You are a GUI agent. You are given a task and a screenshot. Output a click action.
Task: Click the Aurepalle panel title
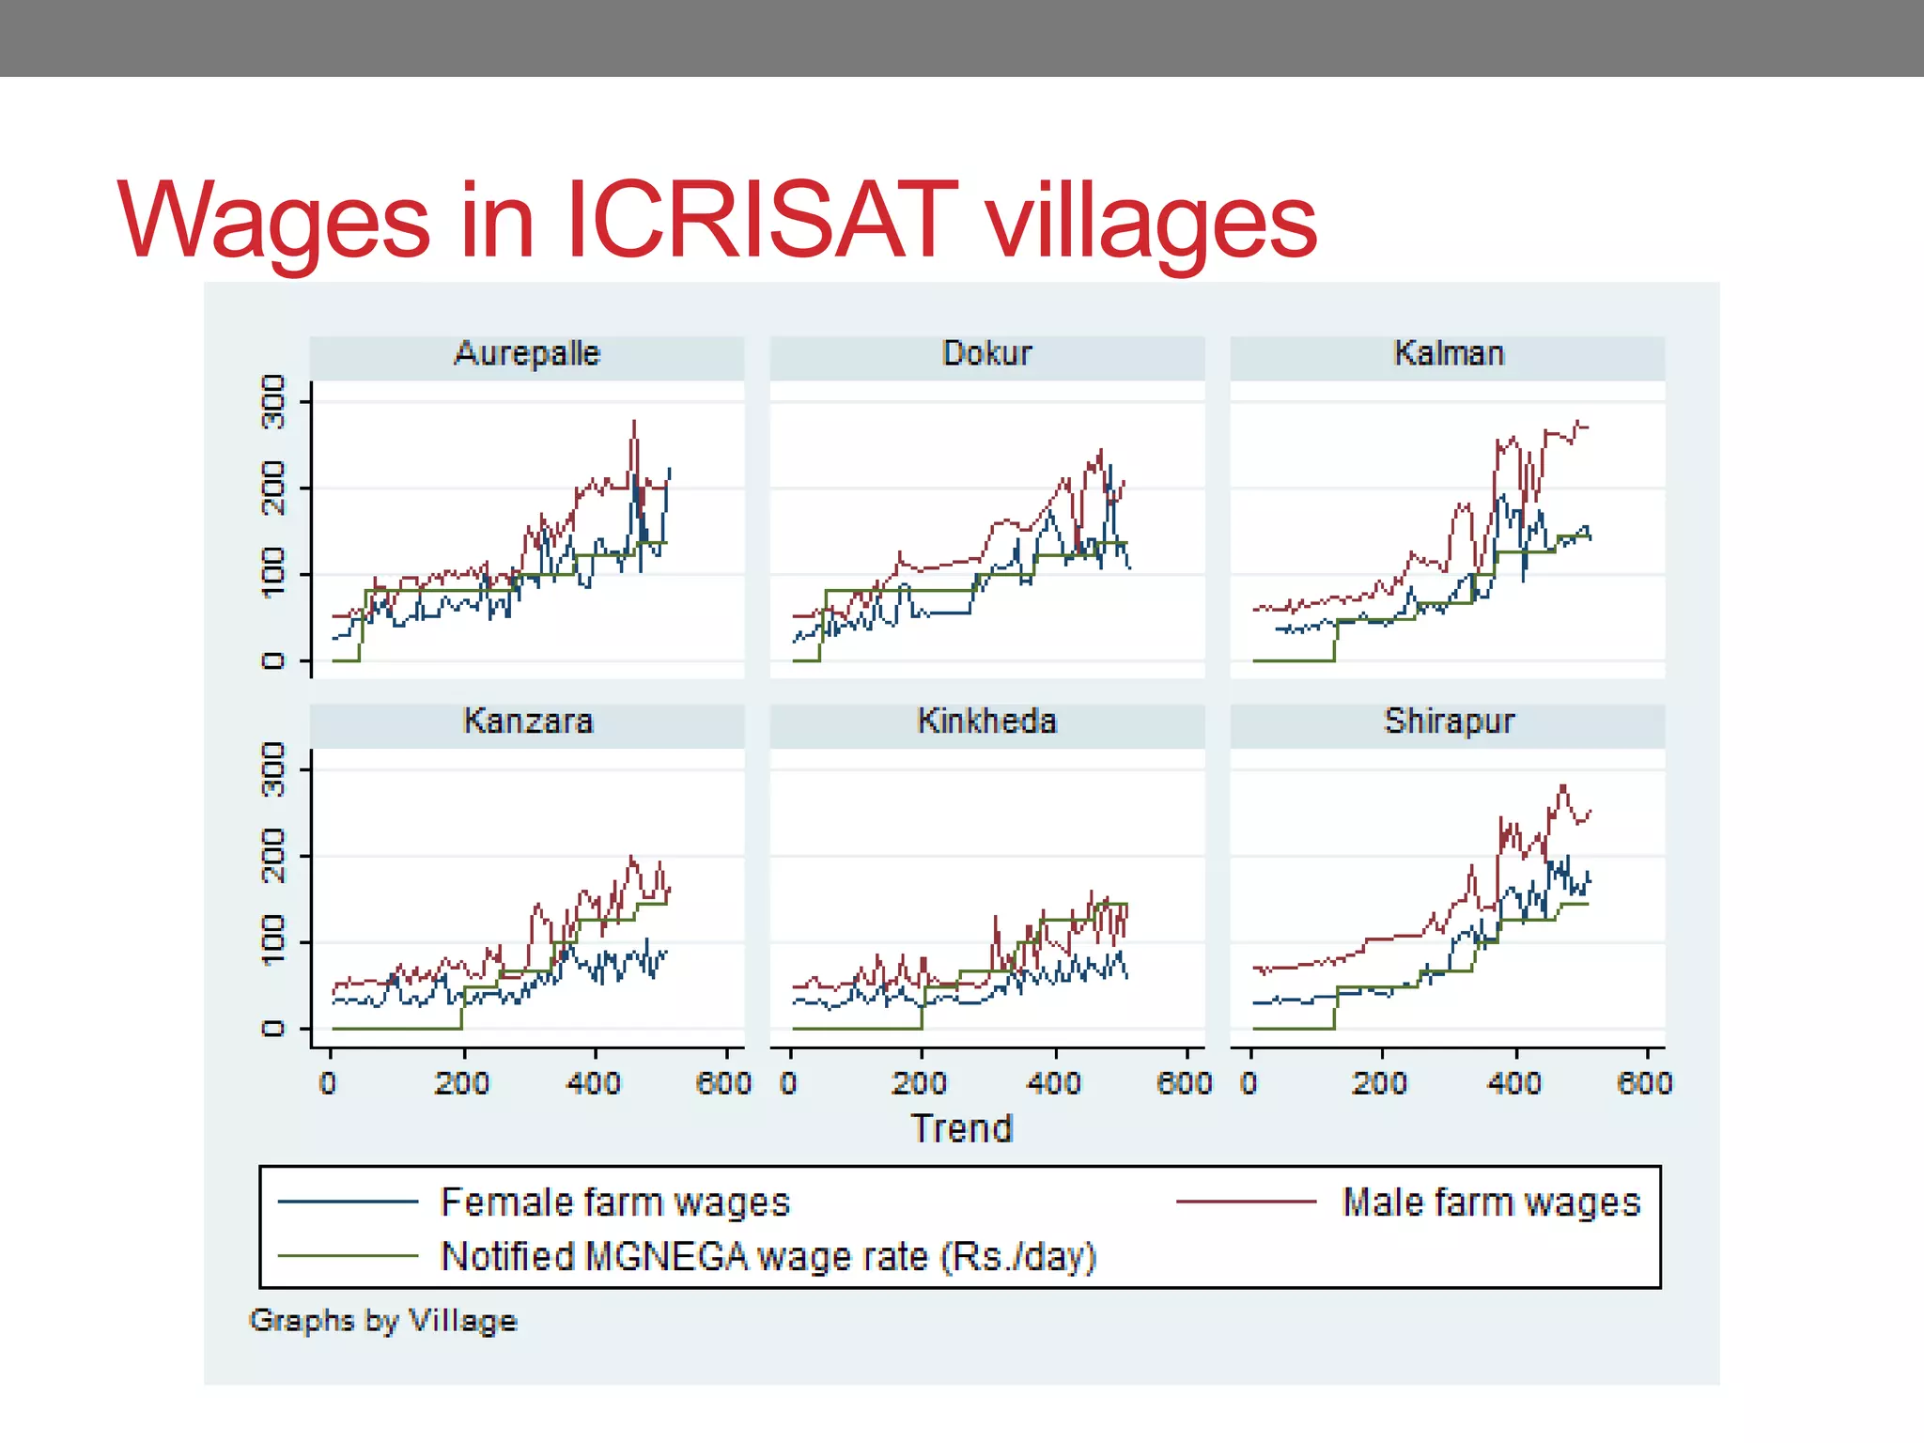[527, 354]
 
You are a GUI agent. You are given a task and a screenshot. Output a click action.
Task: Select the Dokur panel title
[986, 354]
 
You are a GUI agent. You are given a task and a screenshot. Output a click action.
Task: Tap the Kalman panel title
[1448, 354]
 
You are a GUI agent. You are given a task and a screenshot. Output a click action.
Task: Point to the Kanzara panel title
[528, 721]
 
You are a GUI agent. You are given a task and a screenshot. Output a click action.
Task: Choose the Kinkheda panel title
[986, 721]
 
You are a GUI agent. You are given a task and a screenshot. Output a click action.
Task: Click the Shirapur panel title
[1448, 721]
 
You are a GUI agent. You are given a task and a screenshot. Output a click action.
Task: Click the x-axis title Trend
[962, 1128]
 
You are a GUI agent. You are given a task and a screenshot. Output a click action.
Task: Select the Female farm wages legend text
[615, 1202]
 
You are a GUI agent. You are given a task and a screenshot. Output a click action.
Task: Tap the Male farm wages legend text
[1491, 1202]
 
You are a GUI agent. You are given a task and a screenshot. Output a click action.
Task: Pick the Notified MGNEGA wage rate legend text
[768, 1257]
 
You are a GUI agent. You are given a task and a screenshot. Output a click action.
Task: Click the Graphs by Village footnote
[383, 1321]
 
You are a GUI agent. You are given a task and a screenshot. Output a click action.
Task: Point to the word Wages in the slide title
[273, 222]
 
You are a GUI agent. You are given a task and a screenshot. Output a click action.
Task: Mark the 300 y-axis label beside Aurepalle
[272, 402]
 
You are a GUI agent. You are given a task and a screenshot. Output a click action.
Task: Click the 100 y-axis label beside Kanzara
[272, 941]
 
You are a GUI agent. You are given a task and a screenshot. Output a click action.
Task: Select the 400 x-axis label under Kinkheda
[1054, 1083]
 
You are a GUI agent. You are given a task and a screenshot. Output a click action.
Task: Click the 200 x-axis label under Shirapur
[1379, 1083]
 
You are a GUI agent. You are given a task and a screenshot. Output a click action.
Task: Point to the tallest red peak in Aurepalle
[634, 423]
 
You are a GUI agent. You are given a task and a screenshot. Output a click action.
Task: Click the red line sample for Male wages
[1246, 1202]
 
